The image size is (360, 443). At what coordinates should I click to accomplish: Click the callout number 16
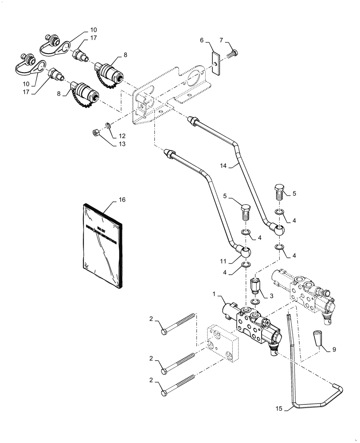click(121, 200)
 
